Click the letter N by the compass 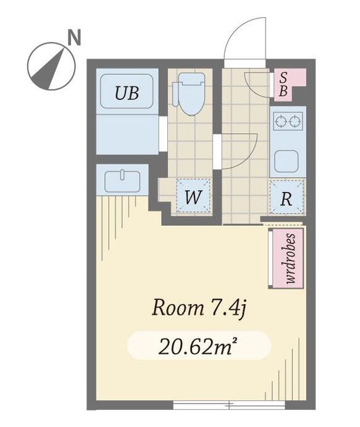[x=74, y=38]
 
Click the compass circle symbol [x=51, y=66]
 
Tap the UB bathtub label [x=127, y=93]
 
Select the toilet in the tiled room [x=189, y=93]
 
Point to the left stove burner [x=280, y=121]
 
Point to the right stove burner [x=295, y=121]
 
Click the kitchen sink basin [x=286, y=161]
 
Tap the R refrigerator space [x=286, y=196]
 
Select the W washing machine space [x=193, y=196]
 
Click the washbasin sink [x=122, y=181]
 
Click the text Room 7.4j [x=199, y=309]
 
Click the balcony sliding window [x=229, y=404]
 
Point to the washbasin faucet [x=122, y=175]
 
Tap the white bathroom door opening [x=163, y=134]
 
